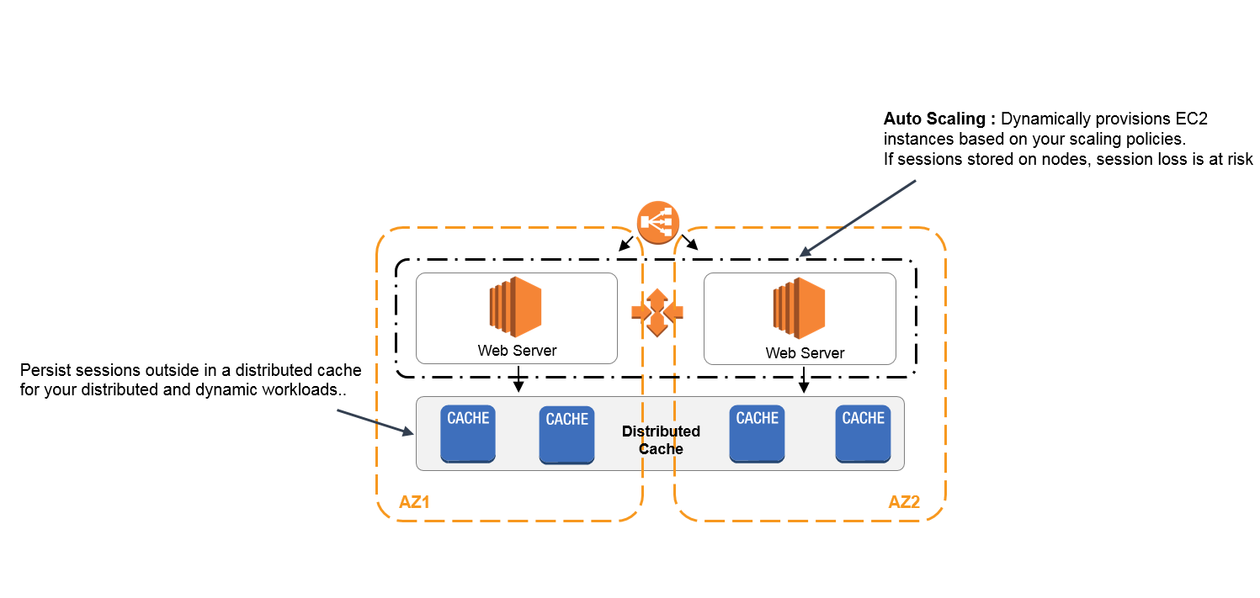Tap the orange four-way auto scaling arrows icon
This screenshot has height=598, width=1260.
(657, 312)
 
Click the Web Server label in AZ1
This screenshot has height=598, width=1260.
(517, 351)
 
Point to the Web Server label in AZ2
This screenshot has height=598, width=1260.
(805, 353)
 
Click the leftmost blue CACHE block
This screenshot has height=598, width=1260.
(468, 433)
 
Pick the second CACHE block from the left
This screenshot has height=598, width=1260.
(566, 434)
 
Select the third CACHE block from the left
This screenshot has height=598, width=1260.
(757, 433)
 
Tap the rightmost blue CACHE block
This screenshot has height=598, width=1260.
(863, 433)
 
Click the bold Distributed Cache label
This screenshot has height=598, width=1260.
(661, 440)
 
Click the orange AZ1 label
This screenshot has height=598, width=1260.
(415, 503)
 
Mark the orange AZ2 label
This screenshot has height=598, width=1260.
(904, 502)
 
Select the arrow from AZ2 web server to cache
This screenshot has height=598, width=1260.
(803, 379)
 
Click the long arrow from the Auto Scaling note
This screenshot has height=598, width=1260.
(858, 218)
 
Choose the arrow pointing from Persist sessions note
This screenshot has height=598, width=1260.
(375, 422)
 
